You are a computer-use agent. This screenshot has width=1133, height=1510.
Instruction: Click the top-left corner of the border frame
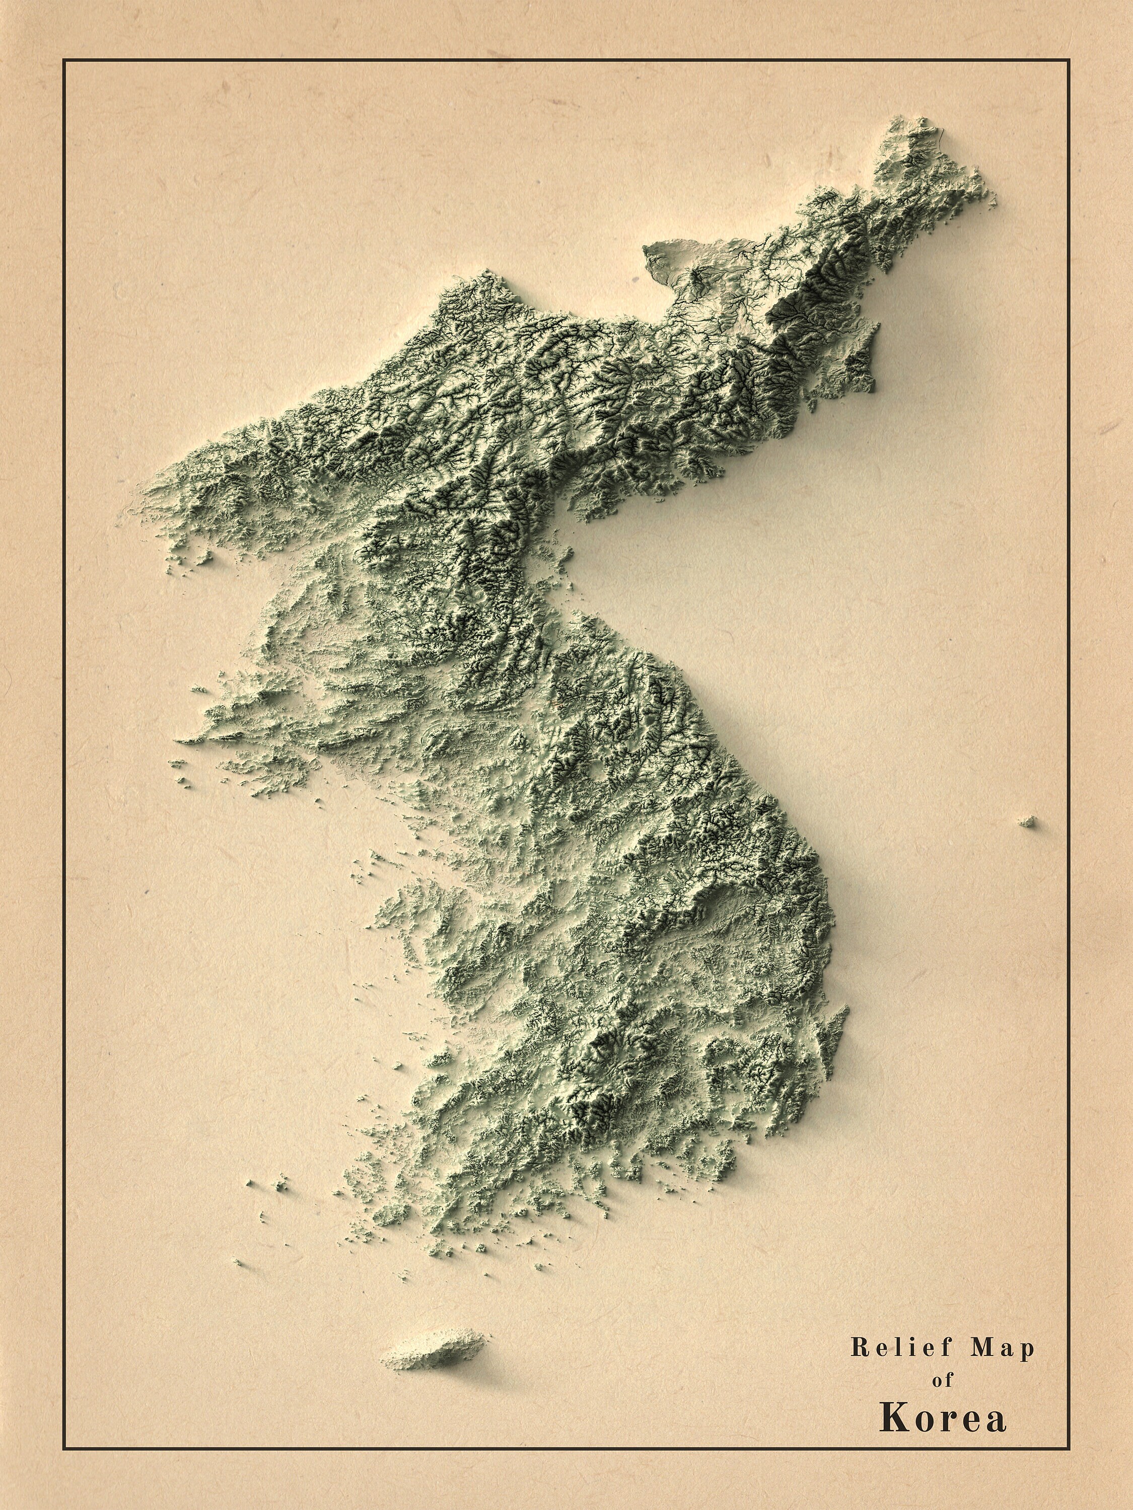pos(63,60)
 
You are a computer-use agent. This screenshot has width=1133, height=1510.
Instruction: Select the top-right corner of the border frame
pos(1069,60)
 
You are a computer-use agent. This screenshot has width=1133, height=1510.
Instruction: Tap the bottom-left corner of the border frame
pos(63,1449)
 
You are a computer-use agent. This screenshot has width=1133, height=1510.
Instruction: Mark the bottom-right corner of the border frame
pos(1069,1449)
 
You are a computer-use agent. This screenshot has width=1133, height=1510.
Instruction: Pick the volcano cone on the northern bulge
pos(697,276)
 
